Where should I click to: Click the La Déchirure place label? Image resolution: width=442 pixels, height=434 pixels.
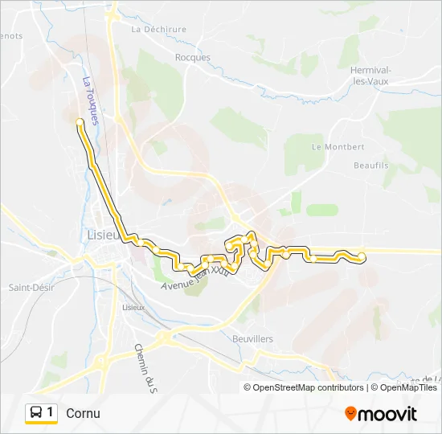click(158, 29)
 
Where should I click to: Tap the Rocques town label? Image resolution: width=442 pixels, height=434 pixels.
click(192, 57)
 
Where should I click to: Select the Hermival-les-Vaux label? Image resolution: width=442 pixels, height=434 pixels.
click(370, 74)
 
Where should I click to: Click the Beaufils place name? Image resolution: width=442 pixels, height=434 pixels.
click(370, 165)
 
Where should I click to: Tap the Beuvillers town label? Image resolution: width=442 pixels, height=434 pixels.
click(252, 339)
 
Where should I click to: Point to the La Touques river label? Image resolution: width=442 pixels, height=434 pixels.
click(90, 100)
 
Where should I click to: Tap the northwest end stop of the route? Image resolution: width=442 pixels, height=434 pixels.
click(79, 122)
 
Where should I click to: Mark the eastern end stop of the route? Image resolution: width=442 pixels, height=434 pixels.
click(361, 256)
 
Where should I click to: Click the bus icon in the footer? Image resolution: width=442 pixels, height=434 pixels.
click(35, 413)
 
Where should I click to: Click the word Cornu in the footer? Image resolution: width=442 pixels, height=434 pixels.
click(84, 414)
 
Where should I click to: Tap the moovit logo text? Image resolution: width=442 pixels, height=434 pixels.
click(387, 414)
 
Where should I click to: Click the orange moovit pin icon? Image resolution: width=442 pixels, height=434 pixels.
click(350, 414)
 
